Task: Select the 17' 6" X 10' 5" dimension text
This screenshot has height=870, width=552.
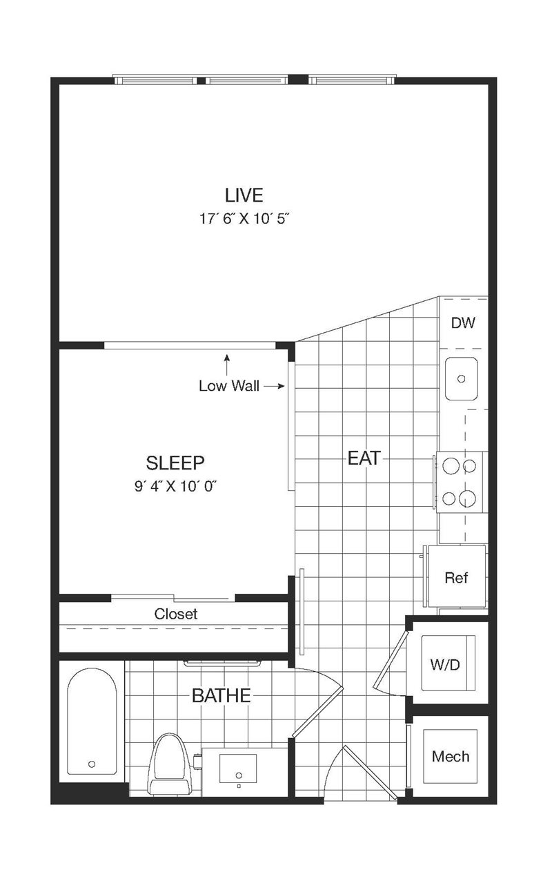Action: click(245, 219)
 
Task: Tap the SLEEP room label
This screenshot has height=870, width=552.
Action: click(175, 463)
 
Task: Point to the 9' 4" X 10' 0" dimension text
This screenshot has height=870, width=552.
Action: click(175, 486)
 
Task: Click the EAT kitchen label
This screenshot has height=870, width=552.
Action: click(364, 458)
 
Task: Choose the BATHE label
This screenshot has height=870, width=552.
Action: click(221, 695)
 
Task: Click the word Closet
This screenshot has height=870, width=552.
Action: click(176, 614)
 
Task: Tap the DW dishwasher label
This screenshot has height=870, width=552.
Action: click(463, 322)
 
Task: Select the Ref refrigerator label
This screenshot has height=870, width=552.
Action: click(456, 577)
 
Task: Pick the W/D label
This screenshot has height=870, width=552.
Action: click(445, 664)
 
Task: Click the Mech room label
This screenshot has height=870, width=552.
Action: click(451, 756)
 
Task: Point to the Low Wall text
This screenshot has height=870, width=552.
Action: click(229, 386)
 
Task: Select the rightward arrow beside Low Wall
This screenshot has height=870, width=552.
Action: click(274, 386)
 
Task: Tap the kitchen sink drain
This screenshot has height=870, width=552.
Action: click(461, 378)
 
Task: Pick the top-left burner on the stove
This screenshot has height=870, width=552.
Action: click(451, 465)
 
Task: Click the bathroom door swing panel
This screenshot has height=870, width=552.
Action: click(317, 711)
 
